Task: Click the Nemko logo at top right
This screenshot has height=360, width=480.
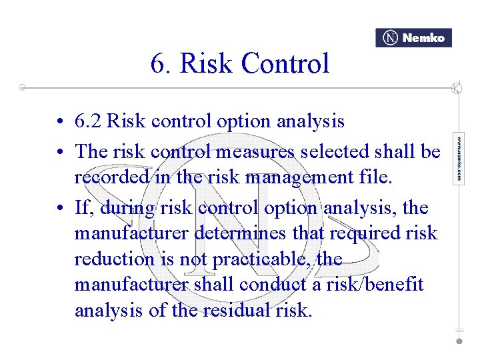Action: [x=413, y=38]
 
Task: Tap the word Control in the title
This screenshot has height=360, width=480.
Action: [x=285, y=64]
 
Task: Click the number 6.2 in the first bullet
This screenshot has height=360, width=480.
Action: [x=88, y=121]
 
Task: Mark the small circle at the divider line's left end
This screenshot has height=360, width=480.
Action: [x=23, y=87]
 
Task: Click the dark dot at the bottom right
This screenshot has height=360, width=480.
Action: [x=459, y=341]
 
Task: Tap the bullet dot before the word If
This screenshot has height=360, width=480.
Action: [x=61, y=209]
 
